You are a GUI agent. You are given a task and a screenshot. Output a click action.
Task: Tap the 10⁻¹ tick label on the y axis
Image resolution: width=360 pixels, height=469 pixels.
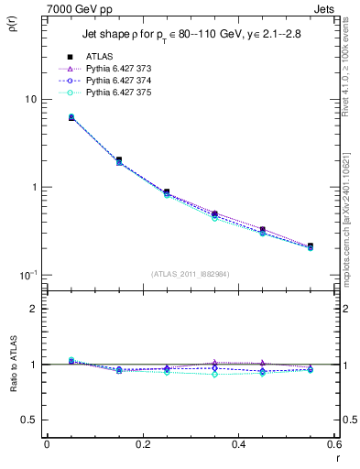[x=27, y=275]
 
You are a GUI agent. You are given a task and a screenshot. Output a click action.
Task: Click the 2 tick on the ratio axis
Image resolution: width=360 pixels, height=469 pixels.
[x=32, y=309]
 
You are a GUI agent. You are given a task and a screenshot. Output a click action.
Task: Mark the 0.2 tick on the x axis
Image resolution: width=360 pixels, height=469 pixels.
[x=143, y=444]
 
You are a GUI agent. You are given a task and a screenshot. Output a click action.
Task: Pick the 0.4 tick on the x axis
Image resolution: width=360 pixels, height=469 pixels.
[x=239, y=444]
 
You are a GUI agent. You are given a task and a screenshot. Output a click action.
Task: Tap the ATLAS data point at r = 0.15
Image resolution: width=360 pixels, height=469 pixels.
[x=119, y=159]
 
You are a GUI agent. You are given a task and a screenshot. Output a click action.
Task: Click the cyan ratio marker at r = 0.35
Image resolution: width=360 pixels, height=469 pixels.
[x=215, y=374]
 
